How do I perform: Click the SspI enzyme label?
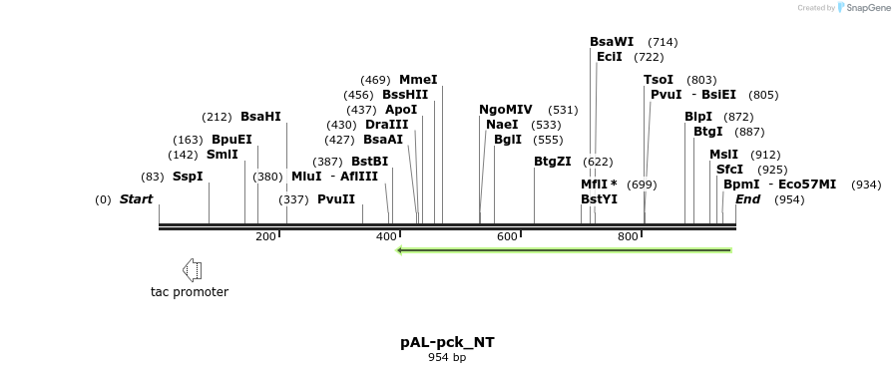[x=188, y=177]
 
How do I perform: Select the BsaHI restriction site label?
[x=260, y=117]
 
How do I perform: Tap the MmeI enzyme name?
[x=418, y=80]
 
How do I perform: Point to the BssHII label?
[x=405, y=95]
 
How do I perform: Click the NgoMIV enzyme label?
[x=505, y=110]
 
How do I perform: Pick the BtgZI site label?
[x=552, y=162]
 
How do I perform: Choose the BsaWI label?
[x=612, y=42]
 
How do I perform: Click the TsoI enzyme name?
[x=659, y=80]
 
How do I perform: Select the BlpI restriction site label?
[x=698, y=117]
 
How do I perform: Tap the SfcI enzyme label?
[x=729, y=170]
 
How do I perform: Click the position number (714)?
[x=663, y=42]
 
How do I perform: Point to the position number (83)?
[x=152, y=177]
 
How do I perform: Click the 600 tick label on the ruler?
[x=507, y=236]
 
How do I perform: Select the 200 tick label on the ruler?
[x=265, y=236]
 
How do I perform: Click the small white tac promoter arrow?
[x=193, y=269]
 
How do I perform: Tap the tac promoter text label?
[x=190, y=292]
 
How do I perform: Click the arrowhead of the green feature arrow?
[x=400, y=249]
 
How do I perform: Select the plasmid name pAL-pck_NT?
[x=447, y=342]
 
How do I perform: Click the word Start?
[x=136, y=199]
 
